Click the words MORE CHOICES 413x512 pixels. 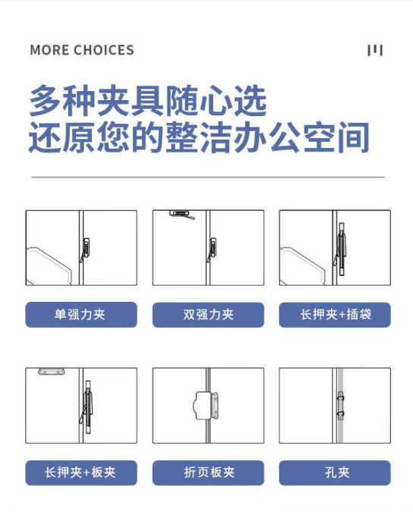(82, 50)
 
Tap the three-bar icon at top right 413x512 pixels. (375, 50)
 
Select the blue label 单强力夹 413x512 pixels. (81, 315)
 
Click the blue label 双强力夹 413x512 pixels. (208, 315)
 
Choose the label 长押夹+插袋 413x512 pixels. (335, 315)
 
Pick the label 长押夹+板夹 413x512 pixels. (81, 473)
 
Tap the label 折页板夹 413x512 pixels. (208, 473)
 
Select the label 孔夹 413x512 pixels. (335, 473)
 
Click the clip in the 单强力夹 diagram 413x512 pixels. (85, 250)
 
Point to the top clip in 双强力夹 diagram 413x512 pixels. (181, 214)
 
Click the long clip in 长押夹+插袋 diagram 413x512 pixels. (340, 250)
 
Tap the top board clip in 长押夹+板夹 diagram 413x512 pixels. (52, 371)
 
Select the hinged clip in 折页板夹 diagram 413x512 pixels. (206, 406)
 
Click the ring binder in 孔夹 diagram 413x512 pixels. (340, 406)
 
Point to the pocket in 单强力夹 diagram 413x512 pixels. (49, 266)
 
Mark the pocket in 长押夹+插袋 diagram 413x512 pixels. (302, 266)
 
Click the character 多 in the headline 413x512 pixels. (45, 100)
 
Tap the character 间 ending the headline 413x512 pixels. (354, 137)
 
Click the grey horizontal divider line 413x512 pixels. (208, 177)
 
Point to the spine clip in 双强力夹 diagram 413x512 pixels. (212, 250)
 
